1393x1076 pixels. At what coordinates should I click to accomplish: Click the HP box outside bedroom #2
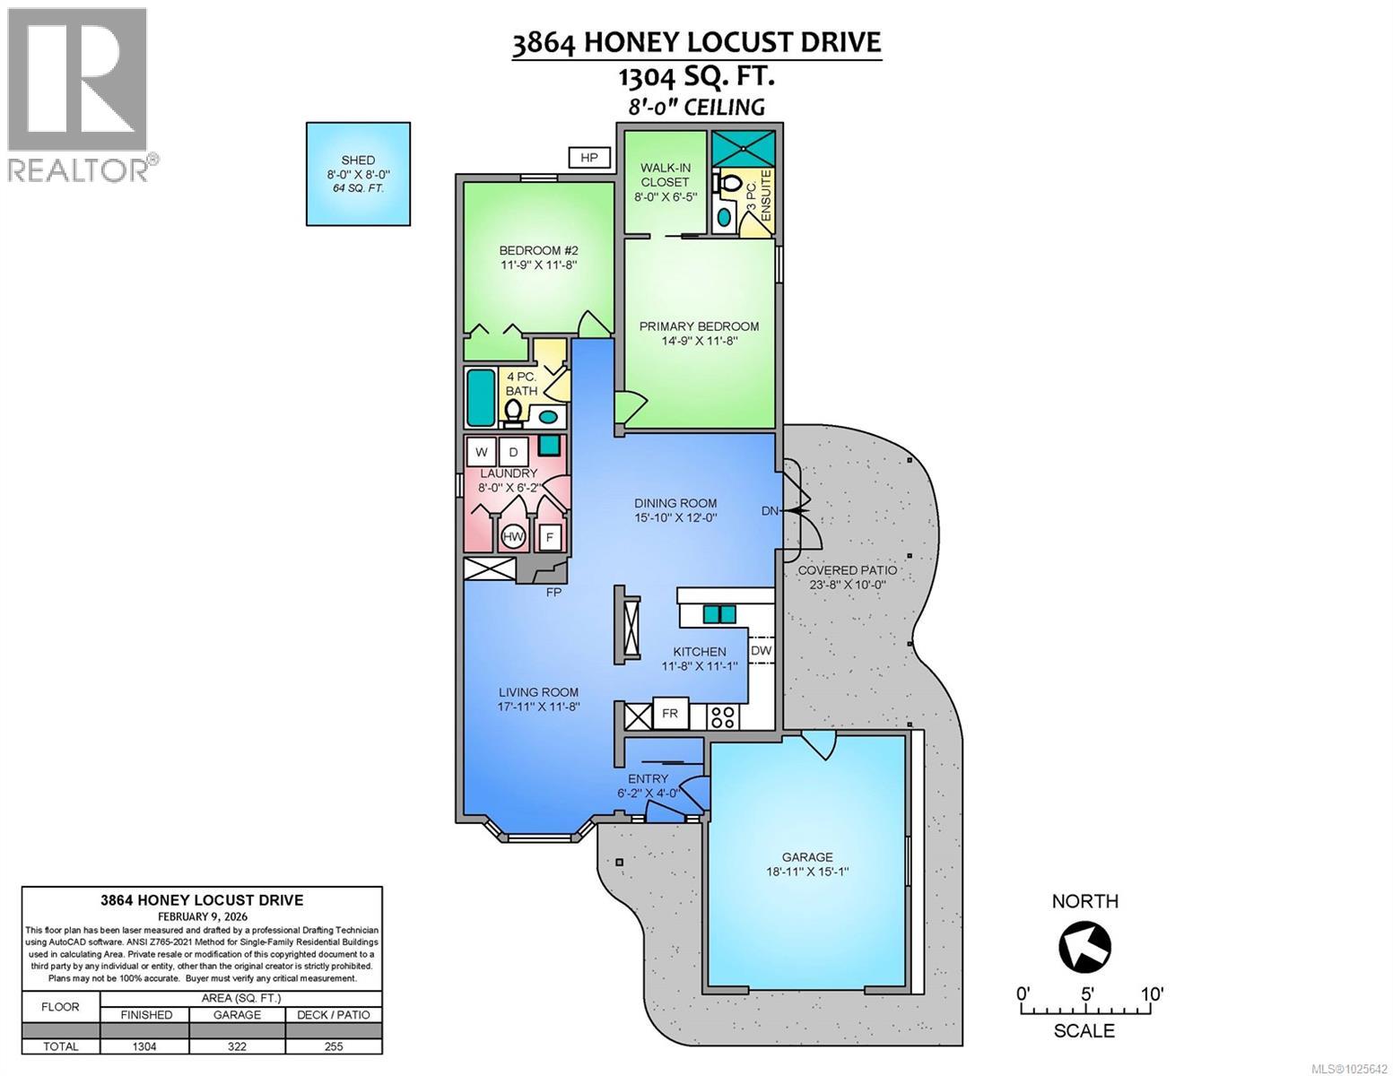pyautogui.click(x=589, y=158)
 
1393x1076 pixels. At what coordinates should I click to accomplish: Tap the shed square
pyautogui.click(x=358, y=173)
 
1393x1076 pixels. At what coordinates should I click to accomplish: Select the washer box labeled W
pyautogui.click(x=482, y=451)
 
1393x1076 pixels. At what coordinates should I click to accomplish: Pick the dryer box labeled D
pyautogui.click(x=513, y=451)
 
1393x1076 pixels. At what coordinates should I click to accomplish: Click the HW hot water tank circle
pyautogui.click(x=513, y=536)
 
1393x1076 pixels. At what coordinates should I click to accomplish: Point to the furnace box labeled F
pyautogui.click(x=549, y=538)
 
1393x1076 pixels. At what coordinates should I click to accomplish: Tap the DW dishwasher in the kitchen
pyautogui.click(x=761, y=650)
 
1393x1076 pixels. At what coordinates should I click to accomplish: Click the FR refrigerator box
pyautogui.click(x=670, y=714)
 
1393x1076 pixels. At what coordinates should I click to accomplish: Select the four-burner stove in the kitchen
pyautogui.click(x=723, y=716)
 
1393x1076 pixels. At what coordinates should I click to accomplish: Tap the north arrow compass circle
pyautogui.click(x=1085, y=947)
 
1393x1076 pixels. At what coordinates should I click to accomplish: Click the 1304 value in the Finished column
pyautogui.click(x=144, y=1046)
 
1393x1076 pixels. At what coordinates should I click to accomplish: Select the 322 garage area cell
pyautogui.click(x=237, y=1046)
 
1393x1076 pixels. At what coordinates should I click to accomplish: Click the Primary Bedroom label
pyautogui.click(x=699, y=326)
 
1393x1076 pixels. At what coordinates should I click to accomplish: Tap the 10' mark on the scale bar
pyautogui.click(x=1152, y=994)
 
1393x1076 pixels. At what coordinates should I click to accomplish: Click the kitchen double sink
pyautogui.click(x=719, y=614)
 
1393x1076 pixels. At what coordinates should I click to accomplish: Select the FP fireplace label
pyautogui.click(x=553, y=592)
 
